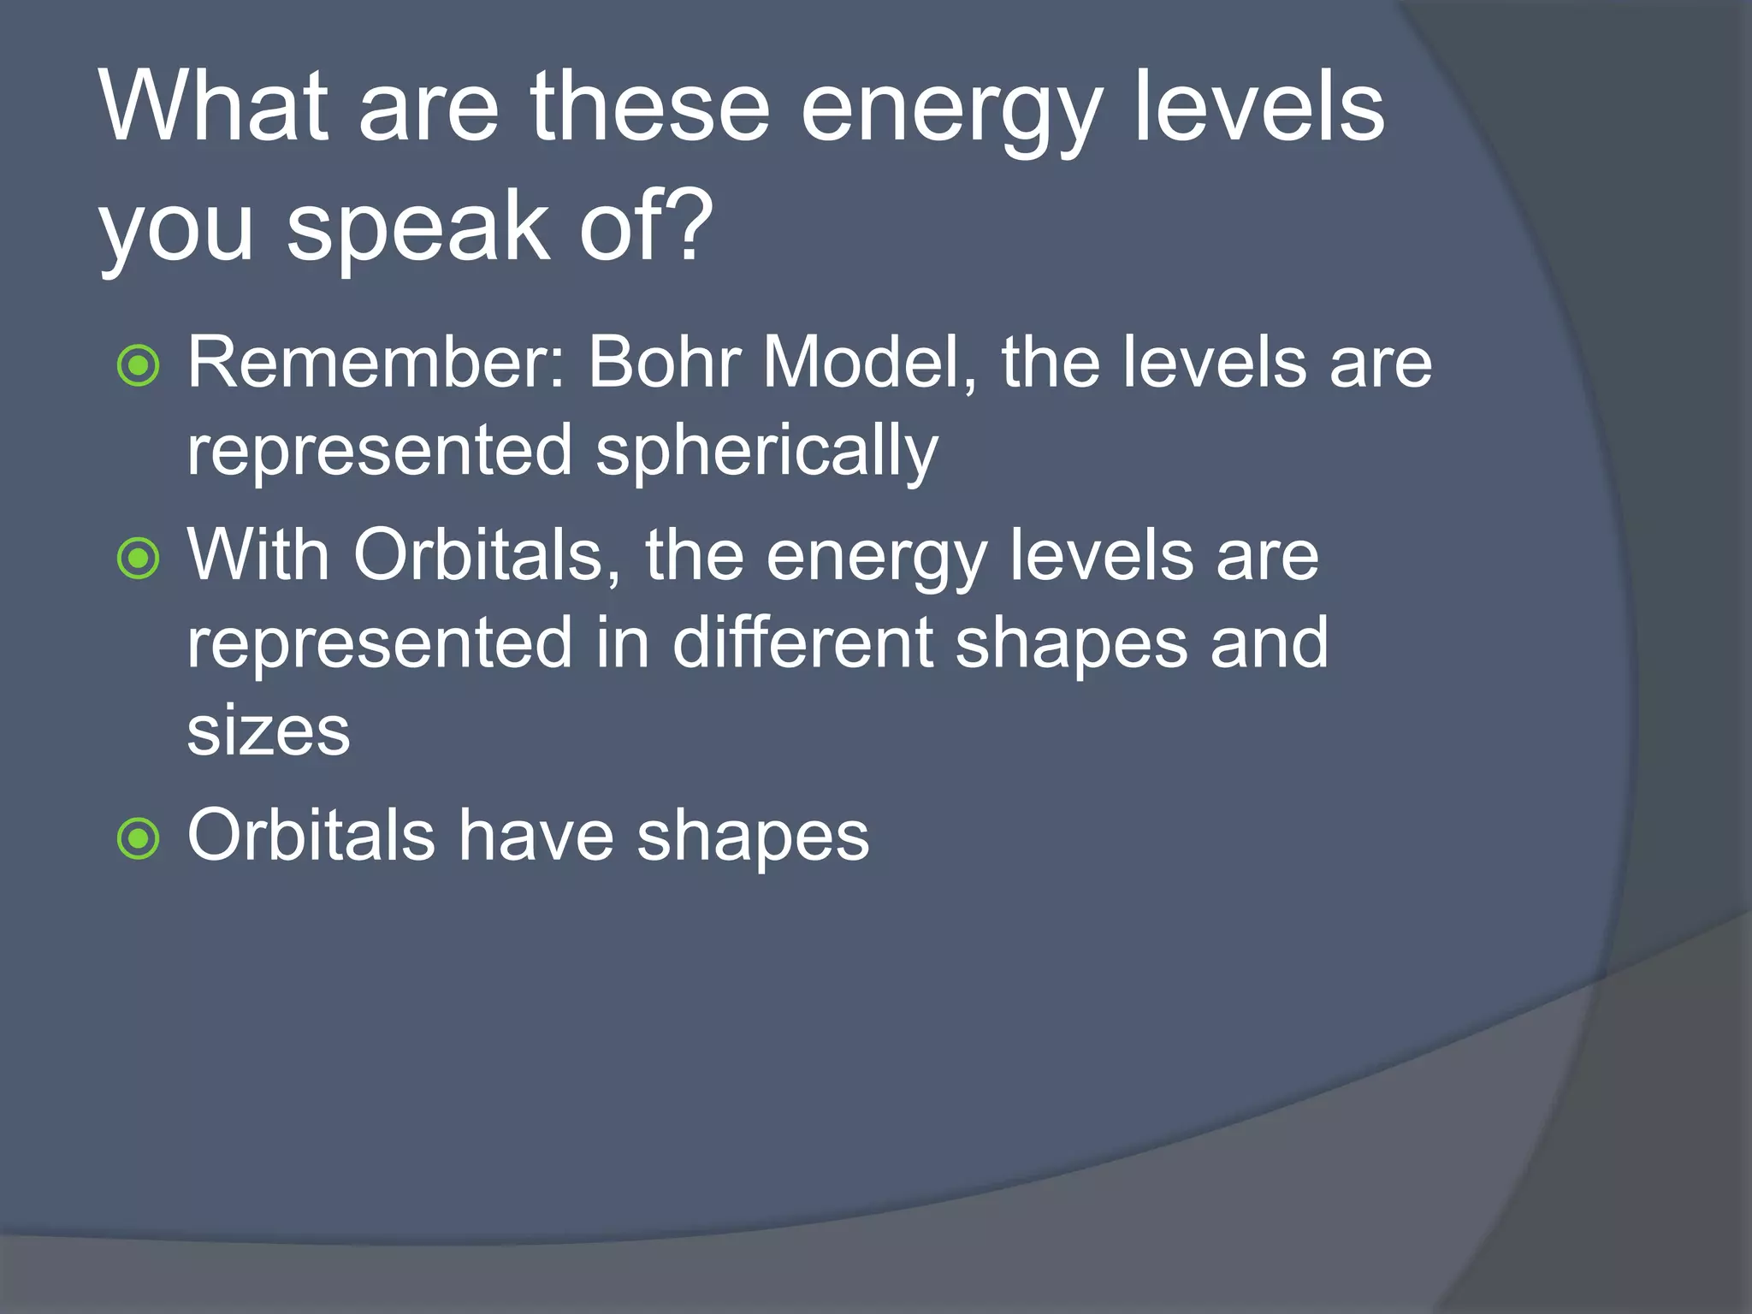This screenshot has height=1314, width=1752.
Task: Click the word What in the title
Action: coord(214,107)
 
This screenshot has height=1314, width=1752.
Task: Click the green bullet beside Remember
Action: coord(138,366)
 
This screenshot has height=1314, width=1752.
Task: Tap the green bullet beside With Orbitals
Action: coord(138,559)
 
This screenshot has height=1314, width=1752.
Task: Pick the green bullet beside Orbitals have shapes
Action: coord(138,838)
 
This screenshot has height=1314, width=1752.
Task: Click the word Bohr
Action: coord(663,363)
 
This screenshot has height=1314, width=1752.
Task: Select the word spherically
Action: coord(766,452)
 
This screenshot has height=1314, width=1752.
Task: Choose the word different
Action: coord(802,643)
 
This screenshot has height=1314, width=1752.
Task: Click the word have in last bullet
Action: coord(536,836)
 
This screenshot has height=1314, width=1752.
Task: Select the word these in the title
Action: coord(650,107)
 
